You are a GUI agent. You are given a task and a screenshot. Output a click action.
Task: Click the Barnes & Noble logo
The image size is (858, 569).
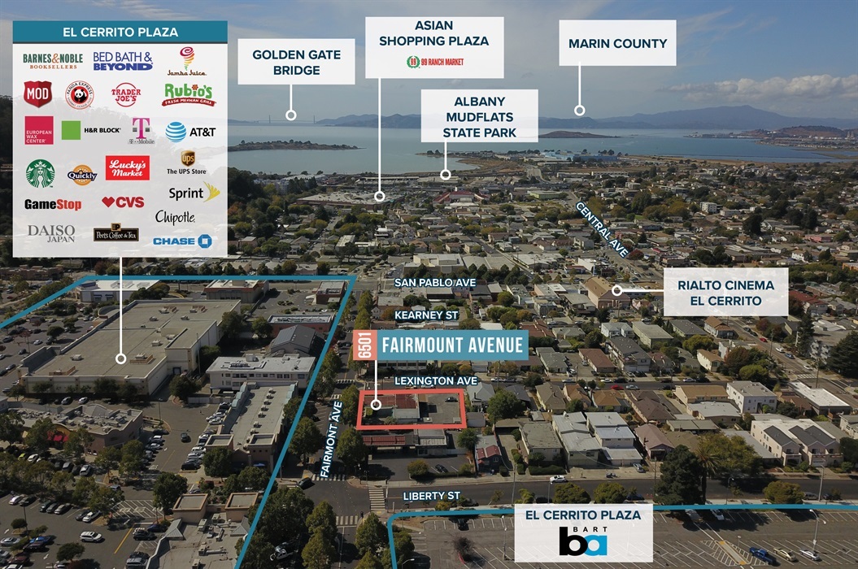(53, 61)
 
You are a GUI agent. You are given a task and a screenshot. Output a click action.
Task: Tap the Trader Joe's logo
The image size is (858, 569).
(126, 94)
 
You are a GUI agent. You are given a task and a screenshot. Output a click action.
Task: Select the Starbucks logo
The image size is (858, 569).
(40, 172)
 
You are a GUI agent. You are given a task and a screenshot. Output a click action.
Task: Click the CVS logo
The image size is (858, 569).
(123, 202)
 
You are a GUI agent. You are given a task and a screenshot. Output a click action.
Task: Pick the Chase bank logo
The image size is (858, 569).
(182, 241)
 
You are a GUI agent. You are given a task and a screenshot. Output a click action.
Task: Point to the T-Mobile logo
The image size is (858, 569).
(141, 130)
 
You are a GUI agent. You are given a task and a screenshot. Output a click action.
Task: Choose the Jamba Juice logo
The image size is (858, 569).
(187, 62)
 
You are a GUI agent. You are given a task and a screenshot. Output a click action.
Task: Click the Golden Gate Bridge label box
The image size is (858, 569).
(296, 62)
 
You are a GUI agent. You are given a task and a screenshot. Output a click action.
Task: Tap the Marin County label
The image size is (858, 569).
(617, 43)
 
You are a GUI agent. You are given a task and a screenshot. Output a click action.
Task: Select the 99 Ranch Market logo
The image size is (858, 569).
(434, 62)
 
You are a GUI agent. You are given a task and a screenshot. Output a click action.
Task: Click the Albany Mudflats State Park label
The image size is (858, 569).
(479, 115)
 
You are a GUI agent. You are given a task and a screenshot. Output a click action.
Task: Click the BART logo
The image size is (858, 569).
(583, 541)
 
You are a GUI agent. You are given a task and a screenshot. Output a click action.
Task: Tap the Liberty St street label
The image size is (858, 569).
(437, 495)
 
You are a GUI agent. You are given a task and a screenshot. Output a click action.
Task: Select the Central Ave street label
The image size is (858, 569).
(603, 230)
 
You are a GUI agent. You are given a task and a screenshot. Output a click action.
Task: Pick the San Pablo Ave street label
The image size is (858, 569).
(435, 282)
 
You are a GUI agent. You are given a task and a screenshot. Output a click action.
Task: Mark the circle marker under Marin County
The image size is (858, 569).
(580, 110)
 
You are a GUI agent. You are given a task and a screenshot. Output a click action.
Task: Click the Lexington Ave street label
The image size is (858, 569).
(429, 380)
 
